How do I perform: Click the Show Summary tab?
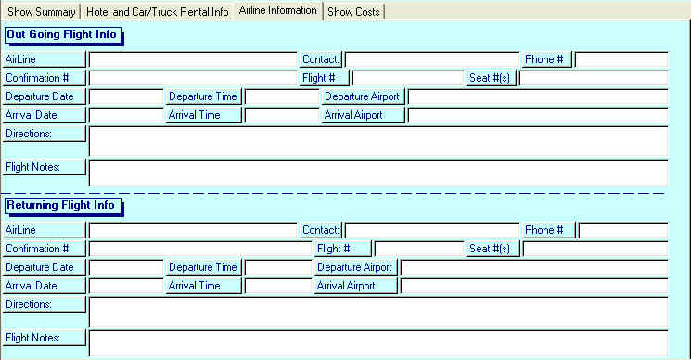click(42, 12)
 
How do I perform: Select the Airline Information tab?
click(277, 10)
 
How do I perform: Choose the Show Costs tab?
click(353, 12)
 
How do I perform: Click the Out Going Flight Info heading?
click(61, 34)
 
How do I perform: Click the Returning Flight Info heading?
click(61, 205)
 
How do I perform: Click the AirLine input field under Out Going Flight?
click(192, 60)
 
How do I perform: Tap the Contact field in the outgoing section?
click(431, 60)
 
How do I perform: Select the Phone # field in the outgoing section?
click(621, 60)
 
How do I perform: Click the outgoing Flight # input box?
click(407, 78)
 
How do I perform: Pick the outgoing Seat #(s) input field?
click(593, 78)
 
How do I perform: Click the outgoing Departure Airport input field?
click(537, 96)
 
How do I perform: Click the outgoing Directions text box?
click(377, 140)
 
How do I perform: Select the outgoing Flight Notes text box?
click(377, 173)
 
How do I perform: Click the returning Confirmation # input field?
click(199, 249)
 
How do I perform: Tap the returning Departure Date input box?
click(125, 267)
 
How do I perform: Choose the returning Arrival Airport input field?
click(533, 286)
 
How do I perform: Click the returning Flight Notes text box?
click(377, 342)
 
